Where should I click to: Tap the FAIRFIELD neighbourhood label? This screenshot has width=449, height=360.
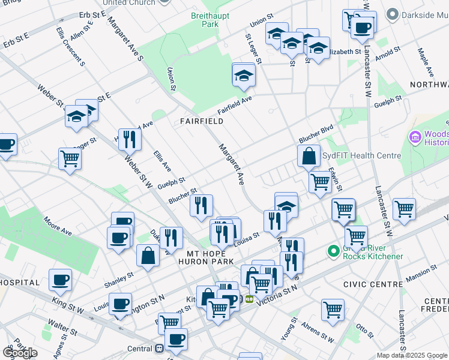coord(202,121)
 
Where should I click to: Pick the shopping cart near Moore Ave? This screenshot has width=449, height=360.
coord(70,159)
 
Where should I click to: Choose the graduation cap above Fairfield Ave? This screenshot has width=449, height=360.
coord(244,76)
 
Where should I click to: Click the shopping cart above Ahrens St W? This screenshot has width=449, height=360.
coord(333,309)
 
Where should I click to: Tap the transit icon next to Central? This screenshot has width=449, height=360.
coord(159,349)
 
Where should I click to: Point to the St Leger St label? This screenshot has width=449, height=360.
coord(253,48)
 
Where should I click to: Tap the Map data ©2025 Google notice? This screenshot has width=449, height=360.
coord(412,355)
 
